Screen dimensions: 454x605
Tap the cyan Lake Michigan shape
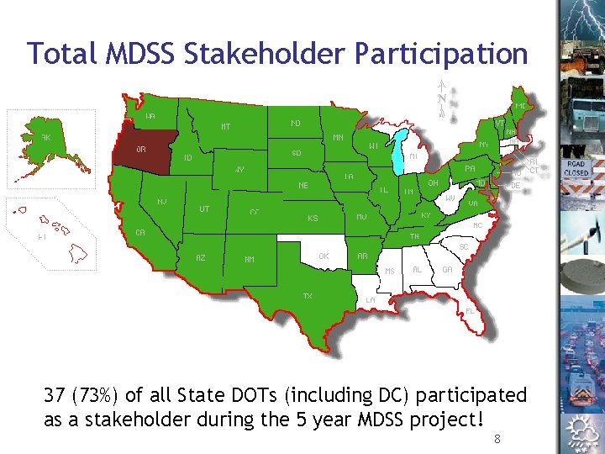click(397, 150)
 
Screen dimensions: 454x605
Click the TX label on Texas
click(308, 295)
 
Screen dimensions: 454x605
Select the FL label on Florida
click(470, 309)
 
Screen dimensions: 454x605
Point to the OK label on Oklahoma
click(324, 255)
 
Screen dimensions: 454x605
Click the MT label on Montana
click(227, 127)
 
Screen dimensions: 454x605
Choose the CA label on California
click(142, 232)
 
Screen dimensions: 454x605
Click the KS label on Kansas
click(313, 218)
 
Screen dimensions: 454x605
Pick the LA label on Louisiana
click(371, 300)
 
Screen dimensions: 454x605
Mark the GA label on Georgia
click(447, 270)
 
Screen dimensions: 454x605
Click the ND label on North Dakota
click(296, 123)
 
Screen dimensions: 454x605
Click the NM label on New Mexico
click(250, 259)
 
